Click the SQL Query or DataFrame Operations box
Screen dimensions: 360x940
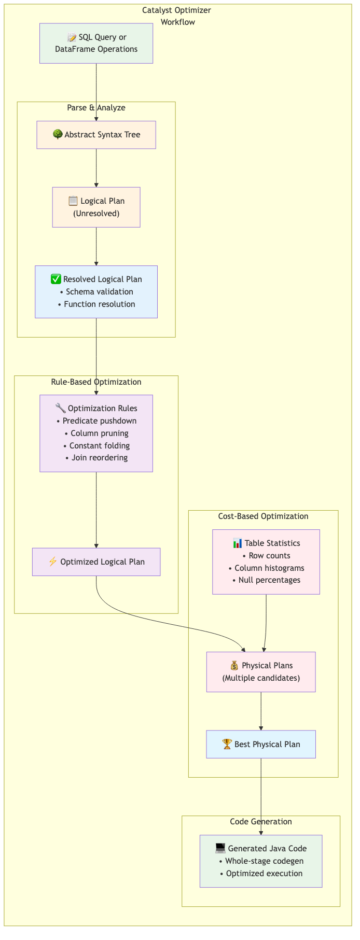pos(96,44)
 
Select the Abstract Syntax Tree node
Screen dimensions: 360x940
pos(96,135)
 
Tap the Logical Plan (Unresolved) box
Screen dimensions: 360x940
pos(96,207)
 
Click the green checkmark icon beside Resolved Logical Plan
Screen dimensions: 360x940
pos(56,279)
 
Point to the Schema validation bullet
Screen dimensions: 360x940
pos(96,292)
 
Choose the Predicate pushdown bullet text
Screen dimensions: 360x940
pos(96,421)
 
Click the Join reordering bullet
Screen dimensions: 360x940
pos(96,458)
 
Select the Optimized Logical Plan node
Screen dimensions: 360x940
pos(96,562)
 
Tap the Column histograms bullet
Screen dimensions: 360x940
pos(266,568)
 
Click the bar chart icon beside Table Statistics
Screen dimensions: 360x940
pos(238,543)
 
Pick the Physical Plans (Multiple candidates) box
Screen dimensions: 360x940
pos(261,672)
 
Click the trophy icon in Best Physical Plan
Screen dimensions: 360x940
pos(227,745)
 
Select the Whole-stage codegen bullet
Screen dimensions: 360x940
pos(261,861)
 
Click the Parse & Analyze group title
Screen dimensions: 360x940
pos(96,108)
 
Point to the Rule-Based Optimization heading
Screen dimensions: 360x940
pos(96,382)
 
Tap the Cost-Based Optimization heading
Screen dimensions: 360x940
pos(264,516)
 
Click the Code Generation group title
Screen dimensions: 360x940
pos(261,822)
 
